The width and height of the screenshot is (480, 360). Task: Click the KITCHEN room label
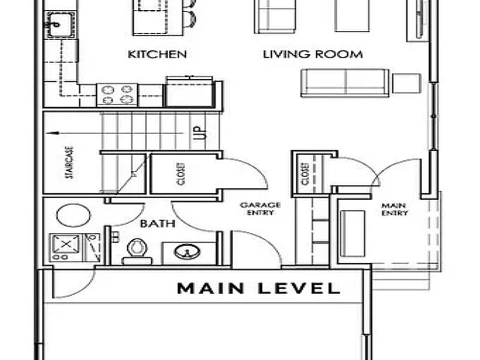(x=157, y=54)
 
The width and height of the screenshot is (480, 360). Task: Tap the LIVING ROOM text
(x=313, y=54)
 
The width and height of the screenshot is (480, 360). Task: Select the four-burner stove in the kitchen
(x=116, y=94)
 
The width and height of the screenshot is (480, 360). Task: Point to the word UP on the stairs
(x=199, y=133)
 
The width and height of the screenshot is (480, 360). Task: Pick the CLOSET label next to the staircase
(x=180, y=173)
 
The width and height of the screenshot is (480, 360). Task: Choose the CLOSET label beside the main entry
(x=304, y=174)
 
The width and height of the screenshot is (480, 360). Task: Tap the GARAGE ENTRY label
(x=260, y=208)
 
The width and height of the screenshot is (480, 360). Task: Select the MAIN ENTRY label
(x=394, y=209)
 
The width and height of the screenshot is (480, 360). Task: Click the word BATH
(x=157, y=223)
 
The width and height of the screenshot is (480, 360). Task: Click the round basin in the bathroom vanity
(x=187, y=251)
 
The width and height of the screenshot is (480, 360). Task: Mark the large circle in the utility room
(x=73, y=215)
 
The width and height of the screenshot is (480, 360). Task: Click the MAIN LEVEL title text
(x=258, y=288)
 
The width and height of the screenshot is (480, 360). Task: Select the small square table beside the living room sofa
(x=406, y=83)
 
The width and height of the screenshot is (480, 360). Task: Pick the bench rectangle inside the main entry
(x=353, y=233)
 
